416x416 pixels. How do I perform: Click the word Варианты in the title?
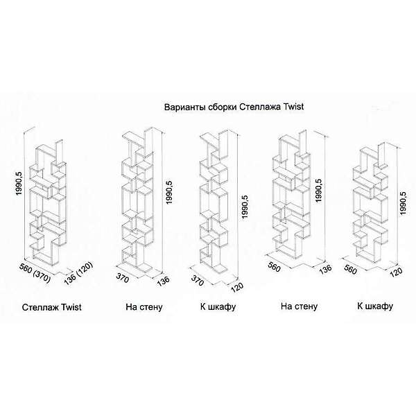click(x=185, y=107)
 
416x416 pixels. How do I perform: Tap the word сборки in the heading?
click(x=223, y=107)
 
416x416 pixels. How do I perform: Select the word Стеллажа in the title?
click(x=260, y=107)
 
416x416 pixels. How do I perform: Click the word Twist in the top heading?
click(x=294, y=107)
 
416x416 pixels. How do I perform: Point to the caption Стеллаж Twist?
click(x=52, y=307)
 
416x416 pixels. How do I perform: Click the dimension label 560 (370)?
click(x=35, y=273)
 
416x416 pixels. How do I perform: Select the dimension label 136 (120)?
click(x=78, y=274)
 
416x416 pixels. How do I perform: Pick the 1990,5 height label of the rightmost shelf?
click(x=404, y=203)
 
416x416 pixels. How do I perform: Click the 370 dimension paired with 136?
click(x=123, y=278)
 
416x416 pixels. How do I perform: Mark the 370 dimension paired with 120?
click(x=198, y=280)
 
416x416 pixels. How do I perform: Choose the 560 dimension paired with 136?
click(x=274, y=267)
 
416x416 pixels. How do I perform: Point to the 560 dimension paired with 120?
click(x=350, y=270)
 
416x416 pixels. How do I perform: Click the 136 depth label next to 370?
click(x=163, y=281)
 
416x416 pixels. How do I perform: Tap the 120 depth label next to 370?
click(x=237, y=288)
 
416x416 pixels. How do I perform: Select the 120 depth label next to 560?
click(x=397, y=272)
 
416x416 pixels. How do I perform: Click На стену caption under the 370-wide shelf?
click(x=144, y=307)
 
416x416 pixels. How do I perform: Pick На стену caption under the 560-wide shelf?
click(x=299, y=306)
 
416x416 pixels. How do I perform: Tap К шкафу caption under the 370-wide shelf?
click(x=218, y=307)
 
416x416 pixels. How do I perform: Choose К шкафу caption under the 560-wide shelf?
click(x=375, y=306)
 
